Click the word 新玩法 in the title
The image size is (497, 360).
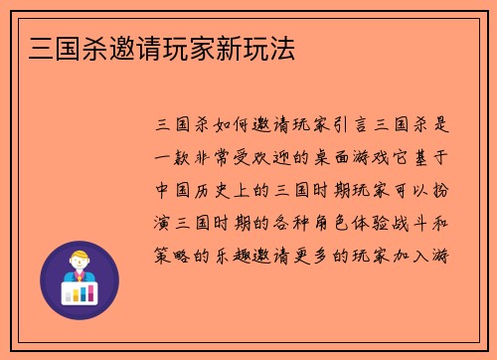261,49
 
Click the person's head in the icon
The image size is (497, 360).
79,262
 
